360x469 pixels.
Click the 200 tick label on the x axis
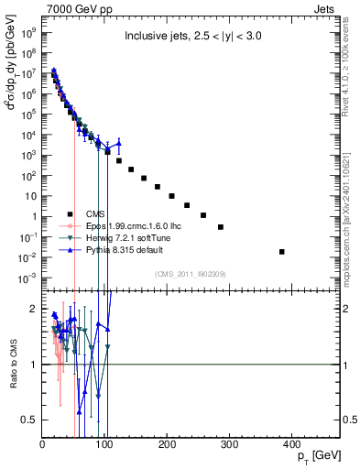coord(167,446)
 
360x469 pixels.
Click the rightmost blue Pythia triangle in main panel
coord(118,143)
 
